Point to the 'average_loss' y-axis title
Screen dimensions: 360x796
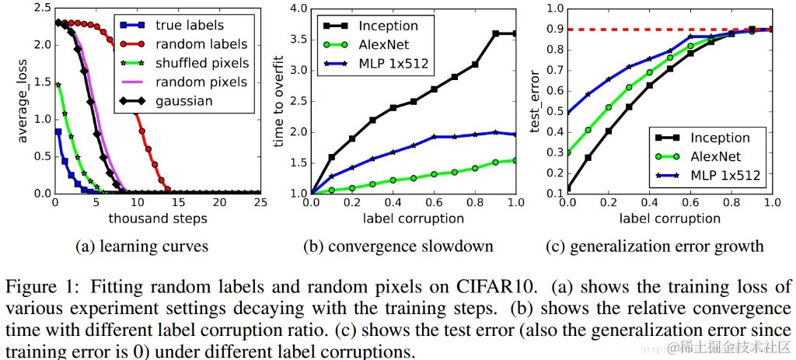(x=23, y=98)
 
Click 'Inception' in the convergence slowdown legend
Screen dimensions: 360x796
(x=389, y=26)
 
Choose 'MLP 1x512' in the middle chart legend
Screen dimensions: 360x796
(x=395, y=63)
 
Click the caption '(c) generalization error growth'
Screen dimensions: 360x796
(x=666, y=246)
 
